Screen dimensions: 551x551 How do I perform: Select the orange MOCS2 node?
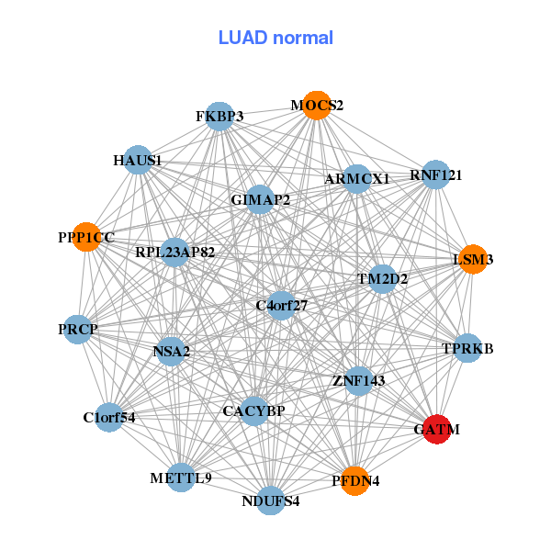[316, 106]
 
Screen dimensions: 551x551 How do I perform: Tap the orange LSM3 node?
[472, 259]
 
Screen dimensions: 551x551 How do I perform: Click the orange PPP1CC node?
[86, 237]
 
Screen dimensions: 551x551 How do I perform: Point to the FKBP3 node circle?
[219, 117]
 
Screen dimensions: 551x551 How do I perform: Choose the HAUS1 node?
[138, 161]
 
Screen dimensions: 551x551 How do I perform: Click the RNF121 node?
[435, 174]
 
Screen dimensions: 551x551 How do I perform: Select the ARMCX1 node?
[356, 178]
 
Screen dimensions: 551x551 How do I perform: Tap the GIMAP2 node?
[260, 199]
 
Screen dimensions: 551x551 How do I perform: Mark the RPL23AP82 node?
[174, 252]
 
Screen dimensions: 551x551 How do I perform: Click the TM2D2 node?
[382, 277]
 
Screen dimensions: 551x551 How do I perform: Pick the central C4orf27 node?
[281, 305]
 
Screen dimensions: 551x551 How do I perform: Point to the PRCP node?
[78, 329]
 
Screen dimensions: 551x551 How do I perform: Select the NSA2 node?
[171, 350]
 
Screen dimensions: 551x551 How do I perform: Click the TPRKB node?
[467, 348]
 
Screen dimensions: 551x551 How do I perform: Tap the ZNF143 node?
[358, 380]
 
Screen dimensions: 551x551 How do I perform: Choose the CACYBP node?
[253, 410]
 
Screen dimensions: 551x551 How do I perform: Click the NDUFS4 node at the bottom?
[270, 500]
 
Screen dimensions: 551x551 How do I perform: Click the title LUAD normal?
[275, 38]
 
